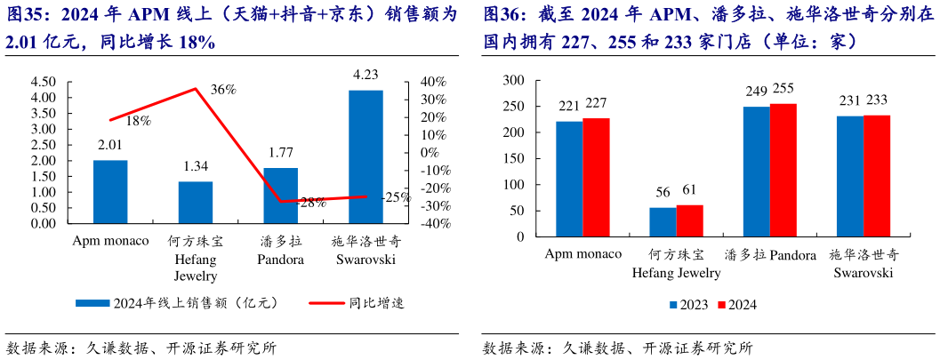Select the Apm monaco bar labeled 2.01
click(x=110, y=191)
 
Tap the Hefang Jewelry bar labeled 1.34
click(x=196, y=202)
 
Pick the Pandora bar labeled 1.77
click(x=281, y=195)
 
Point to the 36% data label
click(x=223, y=89)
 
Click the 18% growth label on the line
click(x=138, y=121)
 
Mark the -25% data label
click(x=397, y=197)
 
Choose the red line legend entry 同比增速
click(x=356, y=303)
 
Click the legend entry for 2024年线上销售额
click(x=178, y=303)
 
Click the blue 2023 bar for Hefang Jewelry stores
click(x=663, y=223)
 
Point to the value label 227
click(x=596, y=103)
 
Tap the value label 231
click(x=850, y=100)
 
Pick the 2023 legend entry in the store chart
click(x=688, y=305)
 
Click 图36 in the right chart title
click(x=504, y=15)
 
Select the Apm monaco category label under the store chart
click(x=582, y=254)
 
